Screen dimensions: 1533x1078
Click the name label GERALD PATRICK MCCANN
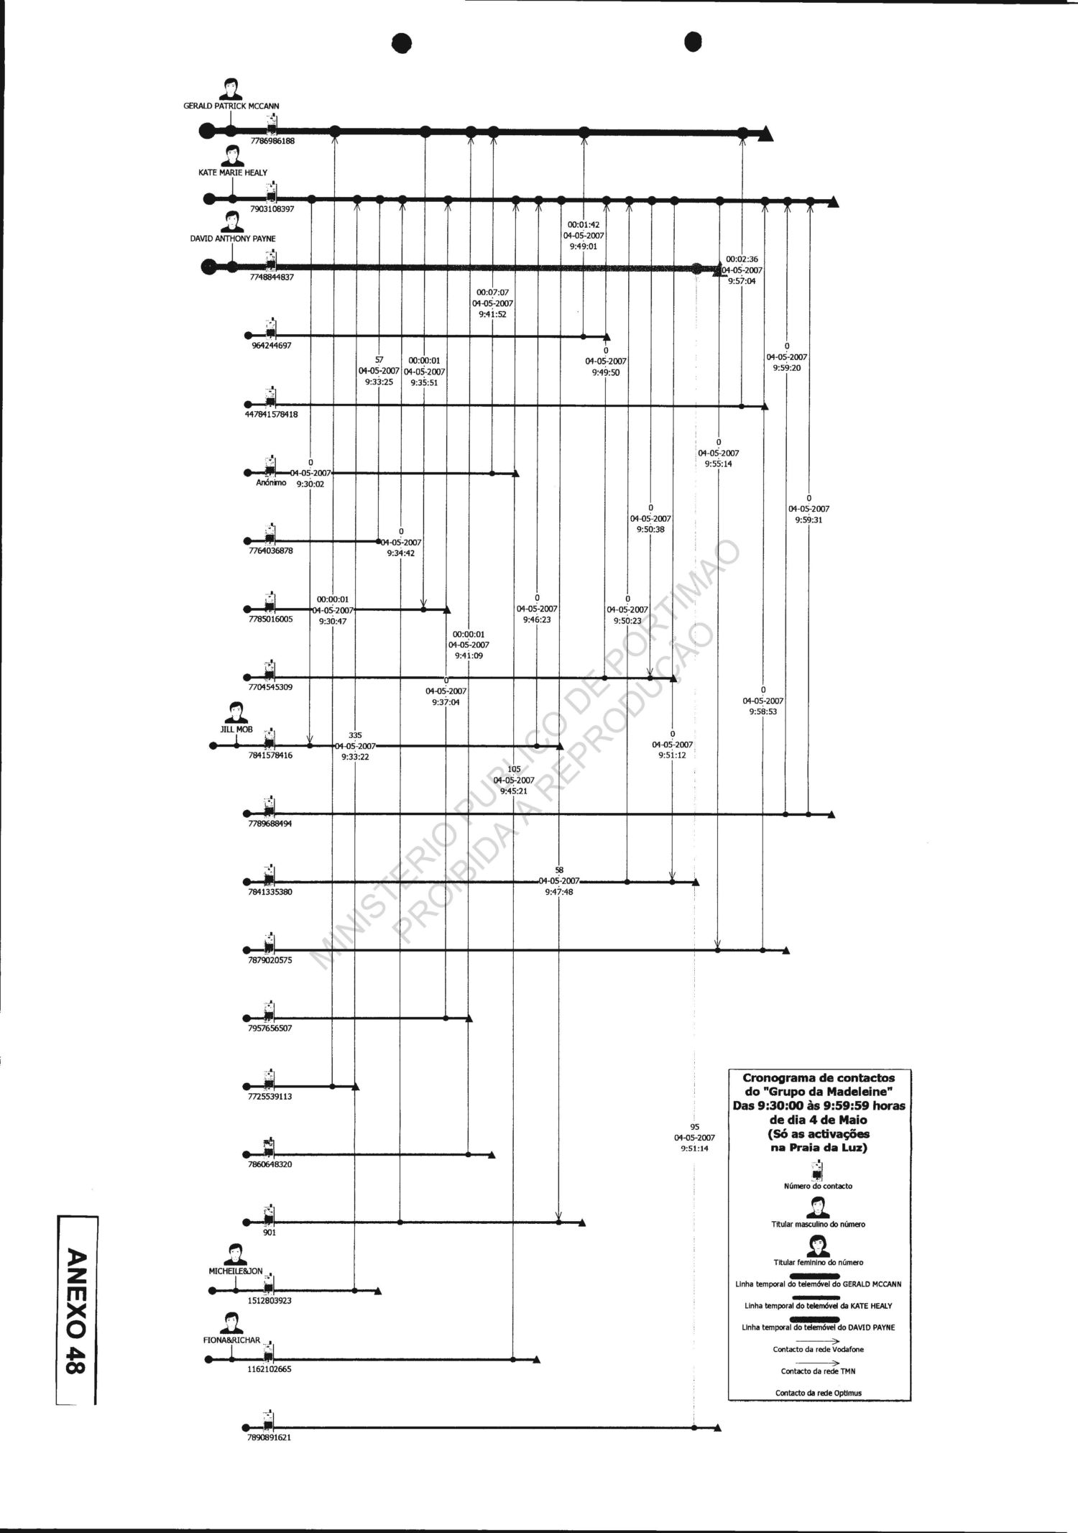pos(231,106)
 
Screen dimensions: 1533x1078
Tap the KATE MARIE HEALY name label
pos(233,173)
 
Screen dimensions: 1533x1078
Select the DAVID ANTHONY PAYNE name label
pos(232,239)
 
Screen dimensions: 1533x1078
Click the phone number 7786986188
pos(272,142)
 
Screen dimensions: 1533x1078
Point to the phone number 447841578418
pos(272,415)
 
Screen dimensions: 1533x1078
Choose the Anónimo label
pos(271,483)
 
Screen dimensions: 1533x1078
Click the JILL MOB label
pos(236,729)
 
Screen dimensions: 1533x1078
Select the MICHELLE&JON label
pos(236,1271)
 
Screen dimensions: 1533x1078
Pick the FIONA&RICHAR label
pos(231,1340)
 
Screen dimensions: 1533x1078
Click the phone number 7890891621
pos(269,1438)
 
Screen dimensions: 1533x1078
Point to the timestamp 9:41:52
pos(492,314)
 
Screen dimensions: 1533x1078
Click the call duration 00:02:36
pos(741,259)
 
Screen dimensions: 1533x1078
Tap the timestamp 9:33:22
pos(355,757)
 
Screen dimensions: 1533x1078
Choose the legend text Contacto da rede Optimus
pos(818,1393)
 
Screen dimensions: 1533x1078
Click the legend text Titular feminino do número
pos(818,1262)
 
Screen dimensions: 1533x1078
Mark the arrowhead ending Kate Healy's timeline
pos(833,202)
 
